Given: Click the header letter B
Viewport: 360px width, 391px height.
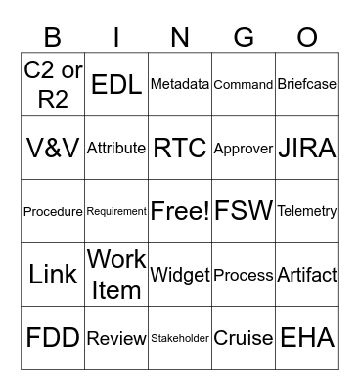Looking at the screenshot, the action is (x=53, y=37).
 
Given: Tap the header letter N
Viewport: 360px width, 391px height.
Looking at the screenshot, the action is (x=180, y=37).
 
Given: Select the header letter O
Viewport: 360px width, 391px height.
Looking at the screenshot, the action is (x=307, y=37).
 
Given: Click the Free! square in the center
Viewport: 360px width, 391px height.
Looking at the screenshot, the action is (x=180, y=211).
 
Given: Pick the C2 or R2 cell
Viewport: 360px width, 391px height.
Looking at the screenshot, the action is (x=53, y=84).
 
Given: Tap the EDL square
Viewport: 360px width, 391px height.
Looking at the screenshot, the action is (x=116, y=84).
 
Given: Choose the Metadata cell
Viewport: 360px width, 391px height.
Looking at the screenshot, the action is (x=180, y=84).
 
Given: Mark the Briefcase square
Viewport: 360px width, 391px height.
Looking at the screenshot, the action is (x=307, y=84).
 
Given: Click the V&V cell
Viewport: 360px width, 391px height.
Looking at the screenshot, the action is (x=53, y=148).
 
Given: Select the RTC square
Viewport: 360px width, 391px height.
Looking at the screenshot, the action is (x=180, y=148).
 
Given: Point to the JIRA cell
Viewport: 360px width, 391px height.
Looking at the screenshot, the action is (x=307, y=148).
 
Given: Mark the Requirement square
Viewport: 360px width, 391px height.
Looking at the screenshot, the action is (x=116, y=211).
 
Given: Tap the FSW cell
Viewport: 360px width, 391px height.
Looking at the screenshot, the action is (x=244, y=211).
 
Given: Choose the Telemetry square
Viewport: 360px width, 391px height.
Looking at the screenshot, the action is (x=307, y=211).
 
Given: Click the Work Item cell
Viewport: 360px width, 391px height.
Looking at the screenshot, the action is (x=116, y=275).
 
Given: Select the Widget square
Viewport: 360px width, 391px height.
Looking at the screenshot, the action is (x=180, y=275).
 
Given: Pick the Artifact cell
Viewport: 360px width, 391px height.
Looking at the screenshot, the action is (x=307, y=275).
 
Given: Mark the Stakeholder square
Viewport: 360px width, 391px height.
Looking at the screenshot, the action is (x=180, y=338).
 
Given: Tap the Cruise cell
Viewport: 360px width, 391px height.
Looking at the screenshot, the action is (x=244, y=338).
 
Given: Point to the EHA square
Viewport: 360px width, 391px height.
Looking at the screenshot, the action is (x=307, y=338).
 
